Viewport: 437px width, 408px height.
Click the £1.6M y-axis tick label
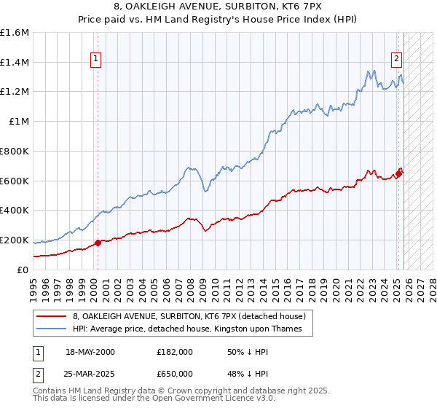15,33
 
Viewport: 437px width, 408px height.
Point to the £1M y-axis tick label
19,122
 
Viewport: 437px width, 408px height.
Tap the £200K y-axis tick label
15,240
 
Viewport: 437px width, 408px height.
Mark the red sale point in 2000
98,243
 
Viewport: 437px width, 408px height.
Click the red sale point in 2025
398,173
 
